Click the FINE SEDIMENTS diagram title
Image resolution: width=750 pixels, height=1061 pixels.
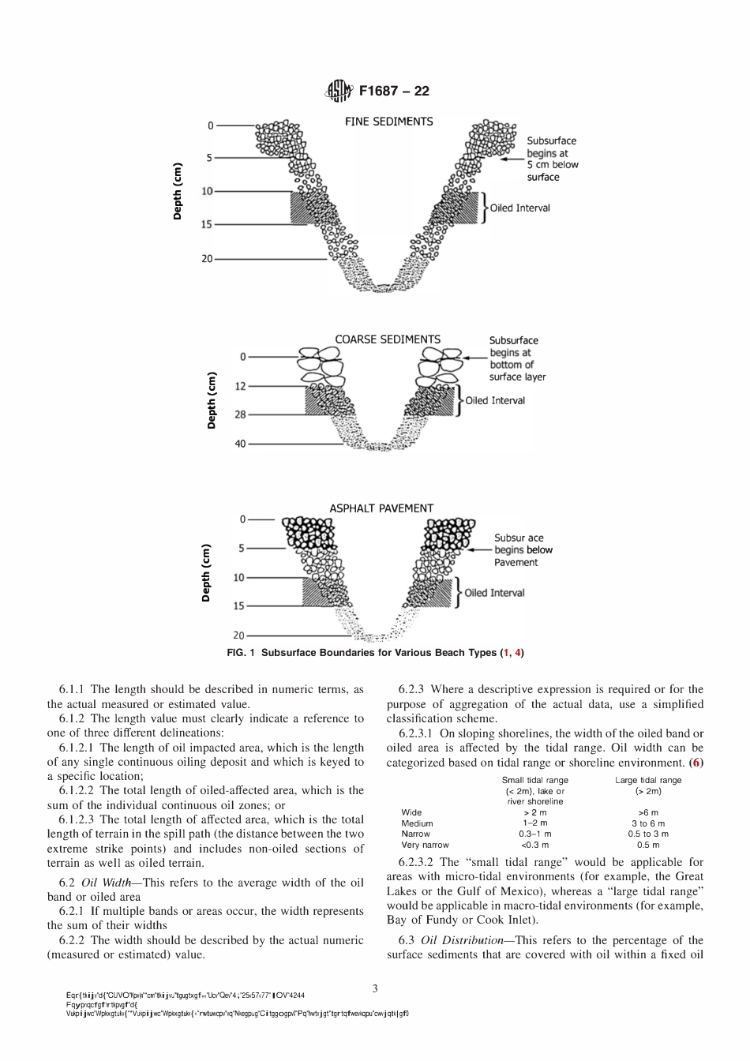388,122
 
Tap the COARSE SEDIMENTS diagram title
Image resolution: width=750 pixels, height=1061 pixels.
388,339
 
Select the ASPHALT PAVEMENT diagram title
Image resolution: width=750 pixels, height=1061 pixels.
381,508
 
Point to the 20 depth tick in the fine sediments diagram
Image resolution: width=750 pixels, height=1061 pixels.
208,259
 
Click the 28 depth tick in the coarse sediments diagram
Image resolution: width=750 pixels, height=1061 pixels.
241,414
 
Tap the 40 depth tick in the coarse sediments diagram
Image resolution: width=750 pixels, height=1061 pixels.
241,444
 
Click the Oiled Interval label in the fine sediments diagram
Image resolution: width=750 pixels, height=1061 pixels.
519,208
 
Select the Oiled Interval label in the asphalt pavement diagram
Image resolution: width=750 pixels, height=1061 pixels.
494,593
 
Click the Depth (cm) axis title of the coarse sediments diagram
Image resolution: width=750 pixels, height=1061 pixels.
212,400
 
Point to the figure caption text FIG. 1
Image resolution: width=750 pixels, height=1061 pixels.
241,653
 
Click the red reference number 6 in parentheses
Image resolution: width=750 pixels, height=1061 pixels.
696,763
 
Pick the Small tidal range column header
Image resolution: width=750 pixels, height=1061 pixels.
534,780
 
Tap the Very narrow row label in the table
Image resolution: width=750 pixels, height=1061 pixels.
425,845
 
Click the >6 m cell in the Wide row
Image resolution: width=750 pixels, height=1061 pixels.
647,812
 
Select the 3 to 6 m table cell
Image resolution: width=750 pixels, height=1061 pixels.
647,823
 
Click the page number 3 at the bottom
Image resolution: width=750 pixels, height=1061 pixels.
375,988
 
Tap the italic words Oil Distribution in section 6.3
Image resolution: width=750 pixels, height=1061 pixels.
462,940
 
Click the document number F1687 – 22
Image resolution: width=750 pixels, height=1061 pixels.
394,92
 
